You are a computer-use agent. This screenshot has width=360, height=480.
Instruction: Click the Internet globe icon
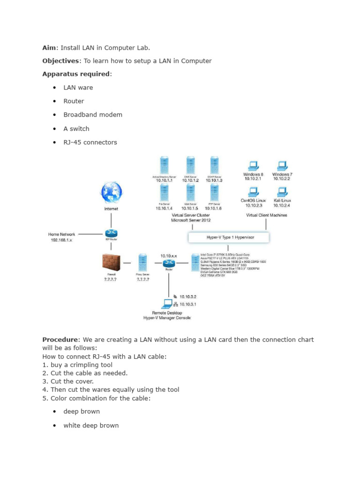pyautogui.click(x=111, y=193)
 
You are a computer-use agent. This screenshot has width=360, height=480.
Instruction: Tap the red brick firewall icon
pyautogui.click(x=111, y=263)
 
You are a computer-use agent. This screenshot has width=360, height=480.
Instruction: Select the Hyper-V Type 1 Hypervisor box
pyautogui.click(x=228, y=238)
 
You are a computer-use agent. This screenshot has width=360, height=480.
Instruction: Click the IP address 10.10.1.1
pyautogui.click(x=164, y=180)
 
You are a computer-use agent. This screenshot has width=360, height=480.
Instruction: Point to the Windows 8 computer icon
pyautogui.click(x=253, y=165)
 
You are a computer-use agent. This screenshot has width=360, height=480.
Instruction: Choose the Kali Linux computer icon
pyautogui.click(x=282, y=192)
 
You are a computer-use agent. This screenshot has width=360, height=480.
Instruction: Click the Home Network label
pyautogui.click(x=61, y=234)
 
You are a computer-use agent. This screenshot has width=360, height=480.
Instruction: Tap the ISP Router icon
pyautogui.click(x=111, y=234)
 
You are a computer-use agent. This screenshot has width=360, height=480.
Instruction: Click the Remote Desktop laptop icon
pyautogui.click(x=167, y=302)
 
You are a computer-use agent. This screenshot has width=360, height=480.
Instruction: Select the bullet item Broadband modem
pyautogui.click(x=93, y=115)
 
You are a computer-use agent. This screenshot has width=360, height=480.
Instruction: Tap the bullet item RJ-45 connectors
pyautogui.click(x=90, y=142)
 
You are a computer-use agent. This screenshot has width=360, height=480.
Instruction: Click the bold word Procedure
pyautogui.click(x=60, y=339)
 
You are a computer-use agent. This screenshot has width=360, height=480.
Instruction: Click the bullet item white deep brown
pyautogui.click(x=91, y=426)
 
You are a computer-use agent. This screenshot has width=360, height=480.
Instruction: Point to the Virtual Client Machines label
pyautogui.click(x=267, y=215)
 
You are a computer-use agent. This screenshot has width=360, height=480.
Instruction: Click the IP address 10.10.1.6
pyautogui.click(x=214, y=208)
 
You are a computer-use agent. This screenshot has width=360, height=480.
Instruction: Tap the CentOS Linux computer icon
pyautogui.click(x=253, y=192)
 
